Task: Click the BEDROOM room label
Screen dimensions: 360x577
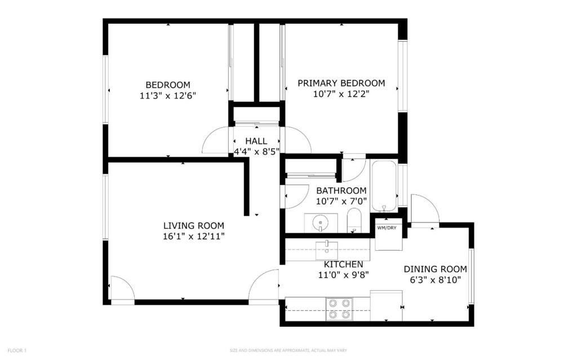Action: click(x=168, y=85)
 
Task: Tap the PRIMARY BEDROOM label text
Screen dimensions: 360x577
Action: click(x=341, y=83)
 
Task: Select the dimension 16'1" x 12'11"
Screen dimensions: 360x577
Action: click(x=193, y=236)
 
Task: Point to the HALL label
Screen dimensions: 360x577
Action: click(x=256, y=141)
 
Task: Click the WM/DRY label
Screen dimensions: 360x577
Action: click(x=387, y=228)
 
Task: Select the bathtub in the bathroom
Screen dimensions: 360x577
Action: click(x=384, y=186)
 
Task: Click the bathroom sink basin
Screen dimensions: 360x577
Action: click(x=320, y=222)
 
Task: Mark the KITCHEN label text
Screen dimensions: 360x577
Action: click(x=343, y=264)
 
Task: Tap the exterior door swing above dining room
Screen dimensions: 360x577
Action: click(x=424, y=210)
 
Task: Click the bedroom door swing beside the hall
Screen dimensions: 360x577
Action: click(x=217, y=141)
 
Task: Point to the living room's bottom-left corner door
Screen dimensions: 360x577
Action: click(x=122, y=290)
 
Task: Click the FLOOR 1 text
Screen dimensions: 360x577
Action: click(x=17, y=350)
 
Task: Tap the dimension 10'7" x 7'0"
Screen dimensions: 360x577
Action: click(x=341, y=201)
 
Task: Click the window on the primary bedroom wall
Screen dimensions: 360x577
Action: click(x=402, y=76)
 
